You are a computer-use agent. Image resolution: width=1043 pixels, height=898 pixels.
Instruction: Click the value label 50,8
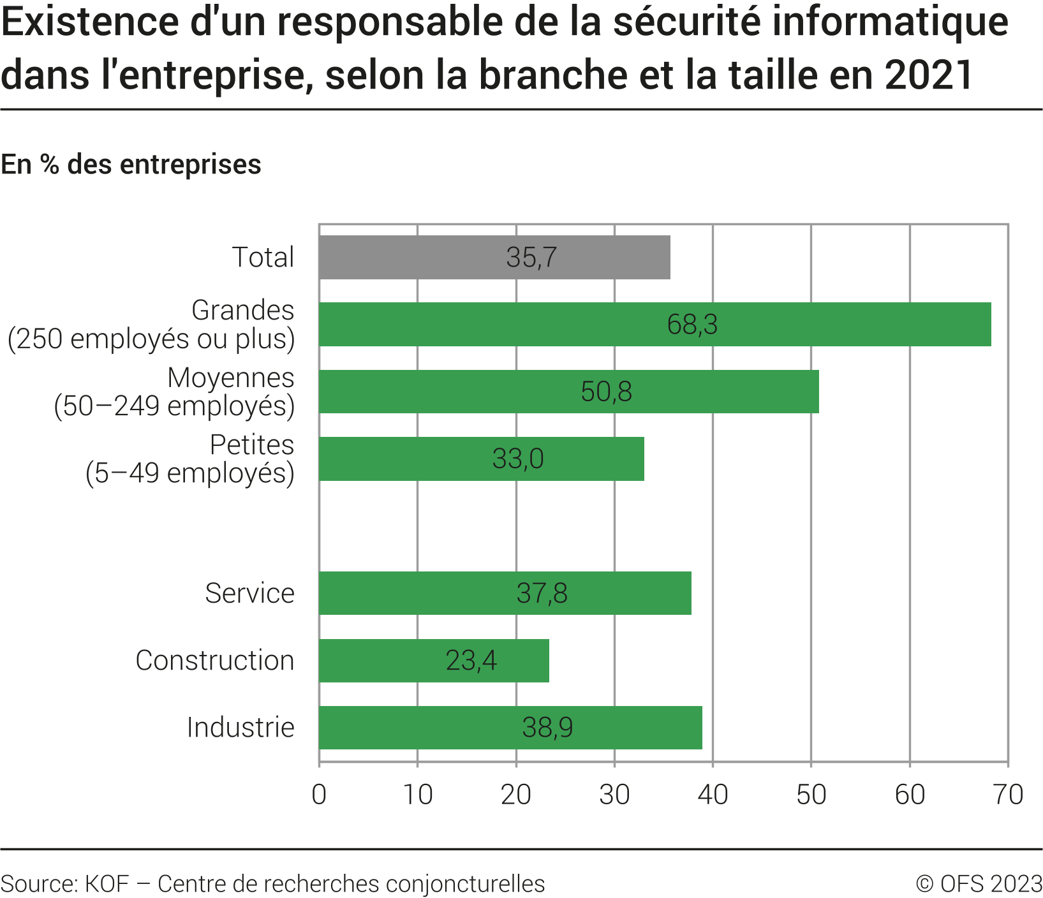pyautogui.click(x=606, y=392)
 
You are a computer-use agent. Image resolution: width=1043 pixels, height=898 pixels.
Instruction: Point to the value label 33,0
pyautogui.click(x=518, y=459)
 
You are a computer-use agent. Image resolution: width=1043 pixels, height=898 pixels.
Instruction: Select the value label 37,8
pyautogui.click(x=542, y=594)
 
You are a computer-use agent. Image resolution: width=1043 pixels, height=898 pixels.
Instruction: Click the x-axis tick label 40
pyautogui.click(x=713, y=795)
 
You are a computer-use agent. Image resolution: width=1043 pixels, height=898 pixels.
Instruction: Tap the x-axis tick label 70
pyautogui.click(x=1008, y=795)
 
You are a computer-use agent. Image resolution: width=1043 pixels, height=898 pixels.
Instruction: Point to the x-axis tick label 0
pyautogui.click(x=319, y=795)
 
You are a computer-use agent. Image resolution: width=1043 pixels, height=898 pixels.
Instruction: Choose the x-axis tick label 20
pyautogui.click(x=516, y=795)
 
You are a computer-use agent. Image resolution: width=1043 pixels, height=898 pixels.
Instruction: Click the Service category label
pyautogui.click(x=249, y=593)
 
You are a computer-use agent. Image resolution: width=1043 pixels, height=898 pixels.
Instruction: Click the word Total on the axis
pyautogui.click(x=263, y=257)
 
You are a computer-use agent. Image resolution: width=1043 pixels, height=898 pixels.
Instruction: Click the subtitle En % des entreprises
pyautogui.click(x=131, y=165)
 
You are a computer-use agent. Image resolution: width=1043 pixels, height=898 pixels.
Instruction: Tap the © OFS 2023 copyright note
pyautogui.click(x=979, y=884)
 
